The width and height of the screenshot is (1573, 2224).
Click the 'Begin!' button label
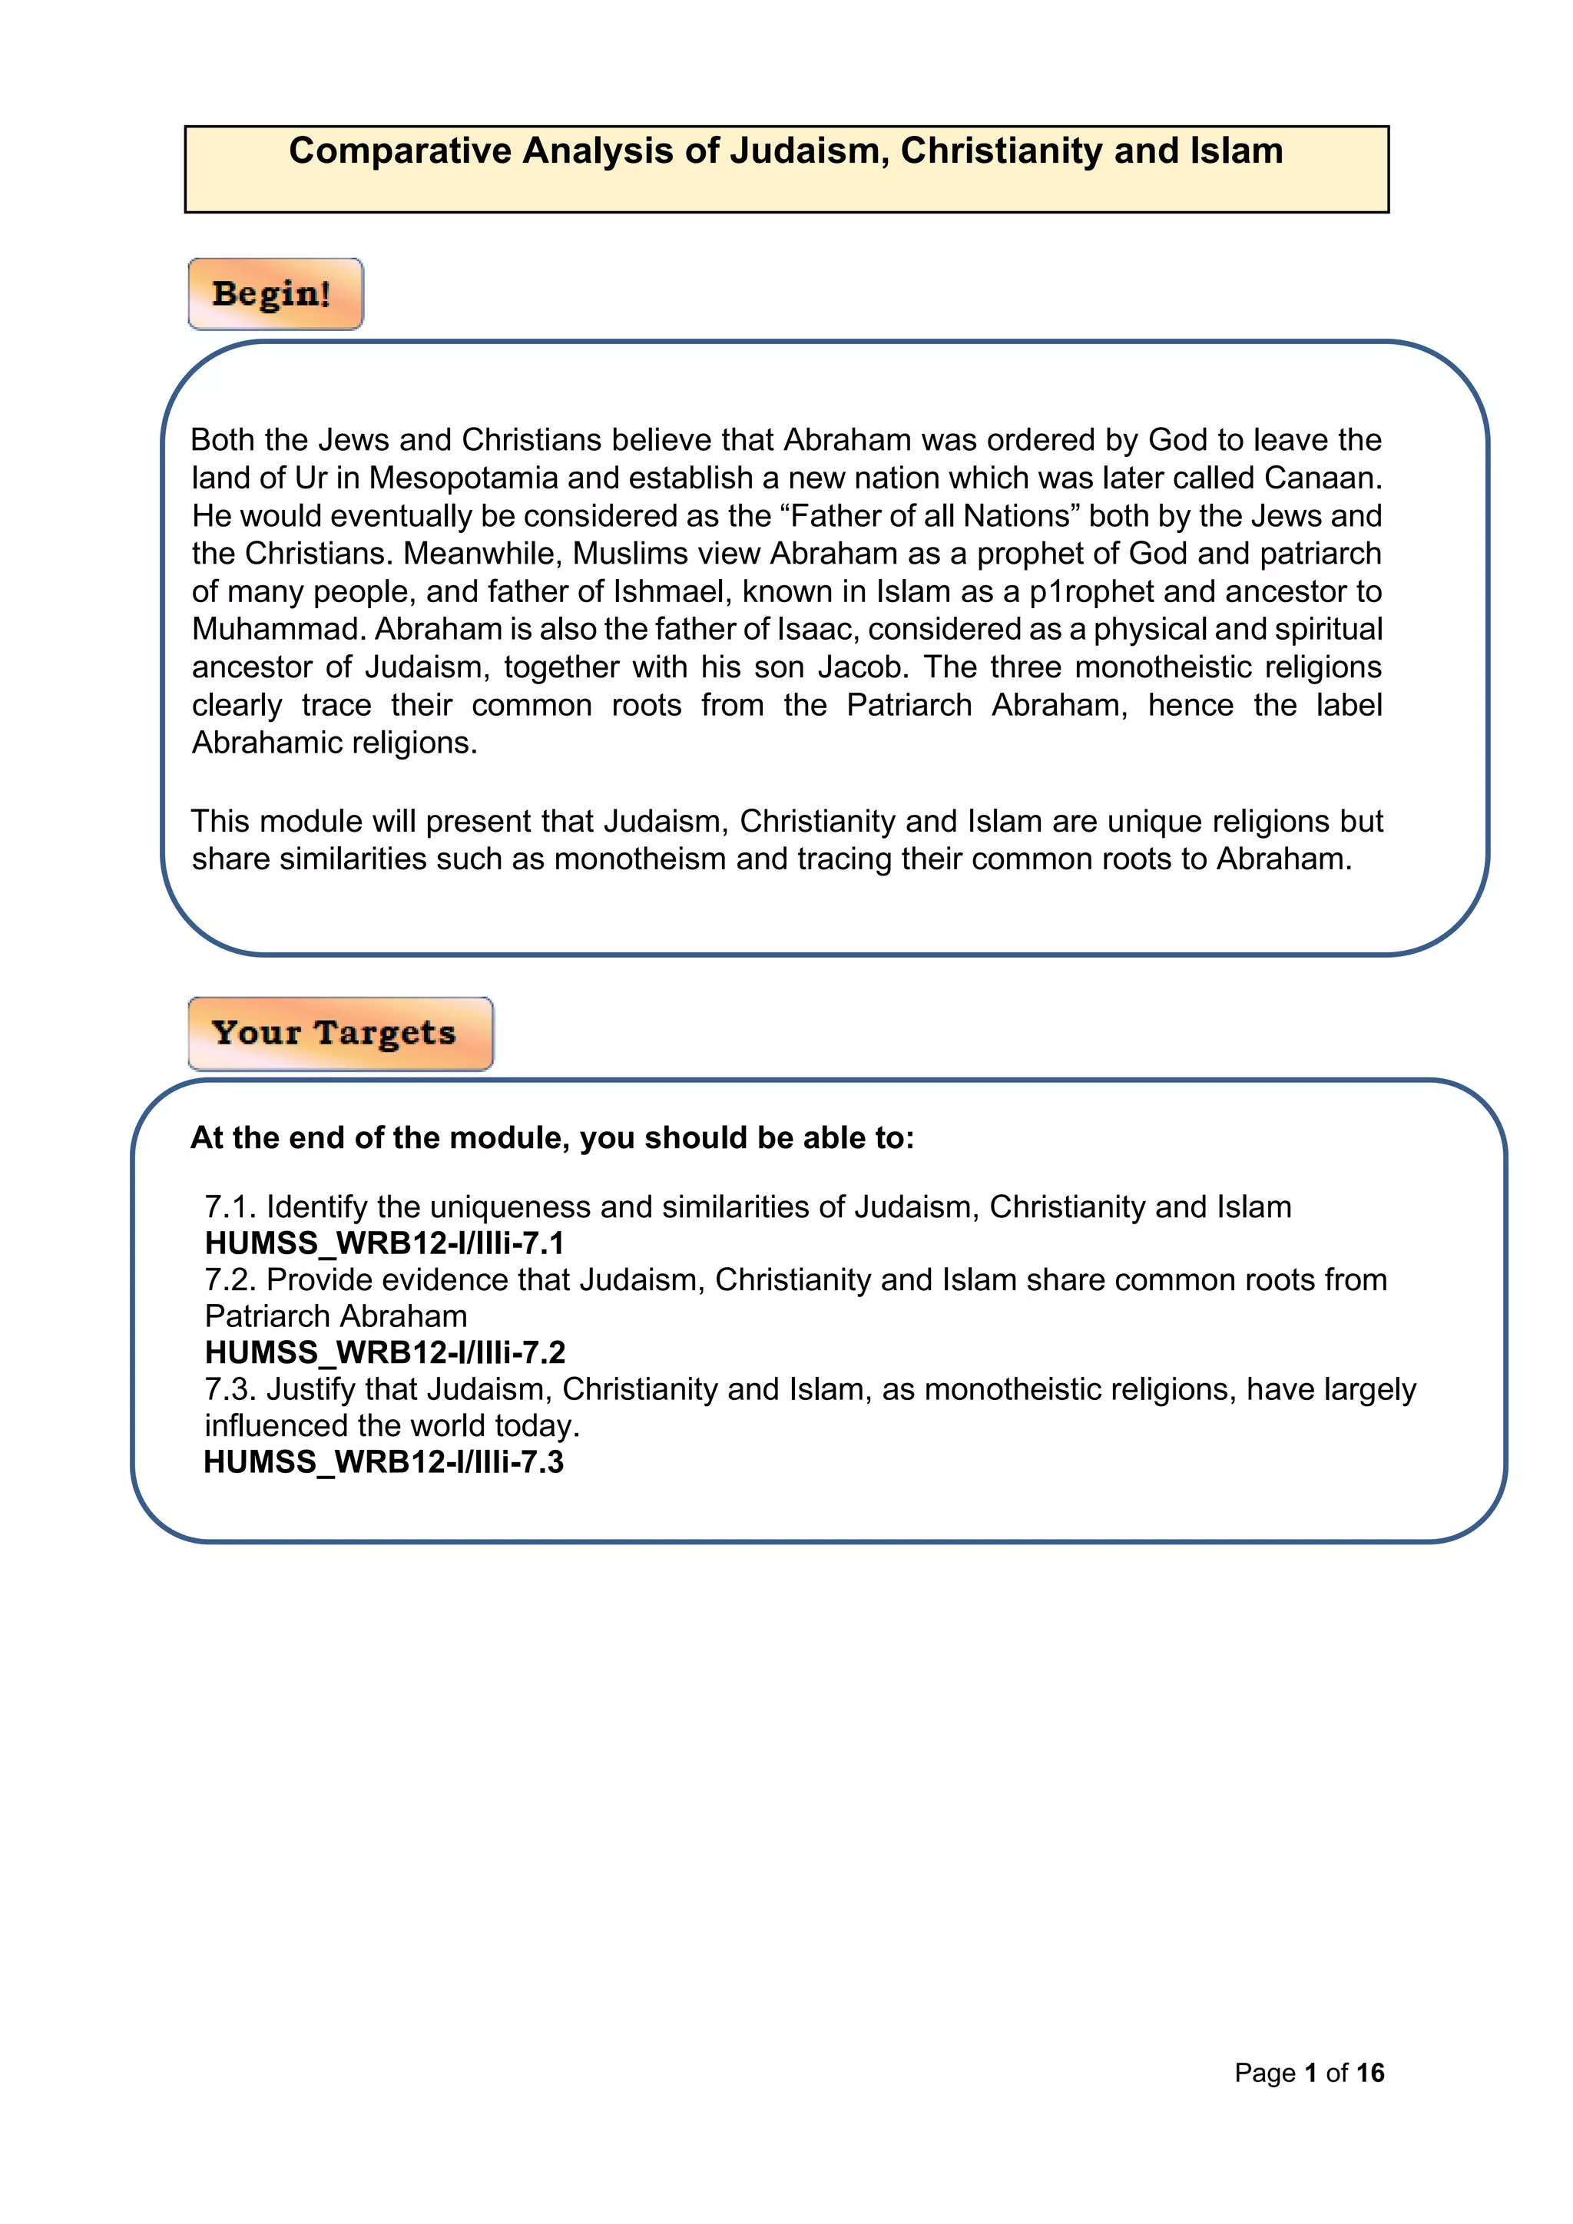coord(272,293)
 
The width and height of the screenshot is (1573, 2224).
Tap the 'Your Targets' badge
coord(334,1033)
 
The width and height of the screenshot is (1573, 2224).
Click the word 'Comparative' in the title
coord(400,151)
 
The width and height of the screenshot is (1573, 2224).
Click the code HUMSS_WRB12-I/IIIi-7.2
coord(385,1352)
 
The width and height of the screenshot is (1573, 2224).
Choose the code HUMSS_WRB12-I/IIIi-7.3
coord(383,1461)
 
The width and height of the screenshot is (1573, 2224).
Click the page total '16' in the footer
coord(1369,2072)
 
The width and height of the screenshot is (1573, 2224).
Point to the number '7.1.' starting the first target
coord(230,1207)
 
